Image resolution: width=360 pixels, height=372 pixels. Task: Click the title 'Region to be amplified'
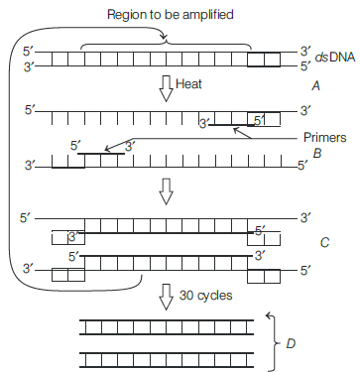click(171, 15)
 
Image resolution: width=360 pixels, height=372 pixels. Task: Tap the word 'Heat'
click(188, 83)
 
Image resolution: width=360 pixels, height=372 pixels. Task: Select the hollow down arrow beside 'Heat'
click(167, 89)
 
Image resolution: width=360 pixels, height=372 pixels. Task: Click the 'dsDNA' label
click(334, 58)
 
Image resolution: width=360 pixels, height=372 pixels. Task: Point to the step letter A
click(316, 86)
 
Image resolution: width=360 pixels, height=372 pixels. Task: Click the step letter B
click(317, 153)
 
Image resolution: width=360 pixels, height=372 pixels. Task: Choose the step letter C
click(324, 243)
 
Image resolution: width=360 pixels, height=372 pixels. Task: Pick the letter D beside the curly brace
click(291, 344)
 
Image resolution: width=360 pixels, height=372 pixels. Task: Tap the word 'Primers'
click(324, 137)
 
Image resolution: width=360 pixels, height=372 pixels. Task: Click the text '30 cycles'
click(205, 296)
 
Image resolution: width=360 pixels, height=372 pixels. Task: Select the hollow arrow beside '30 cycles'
click(167, 297)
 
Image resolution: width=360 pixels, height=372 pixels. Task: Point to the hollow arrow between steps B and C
click(167, 191)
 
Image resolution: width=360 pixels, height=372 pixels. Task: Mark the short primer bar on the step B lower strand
click(101, 154)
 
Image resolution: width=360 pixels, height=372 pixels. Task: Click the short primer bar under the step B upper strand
click(232, 125)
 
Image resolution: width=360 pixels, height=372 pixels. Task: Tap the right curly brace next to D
click(275, 343)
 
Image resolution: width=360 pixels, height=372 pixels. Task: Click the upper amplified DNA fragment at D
click(167, 327)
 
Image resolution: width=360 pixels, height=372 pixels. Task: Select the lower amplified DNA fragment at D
click(167, 360)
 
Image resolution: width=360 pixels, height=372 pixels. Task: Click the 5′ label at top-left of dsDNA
click(28, 52)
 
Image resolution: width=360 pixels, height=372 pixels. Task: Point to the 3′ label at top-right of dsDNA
click(305, 52)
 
